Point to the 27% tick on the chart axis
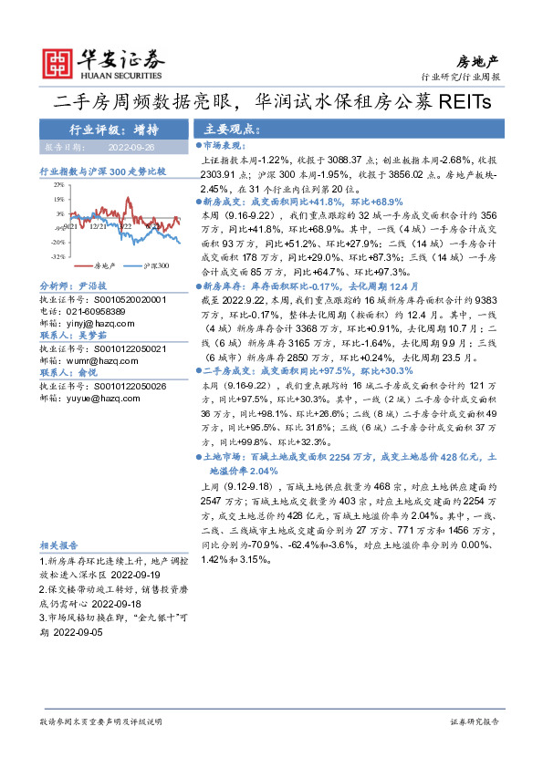click(x=58, y=184)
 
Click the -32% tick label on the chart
click(x=57, y=256)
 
